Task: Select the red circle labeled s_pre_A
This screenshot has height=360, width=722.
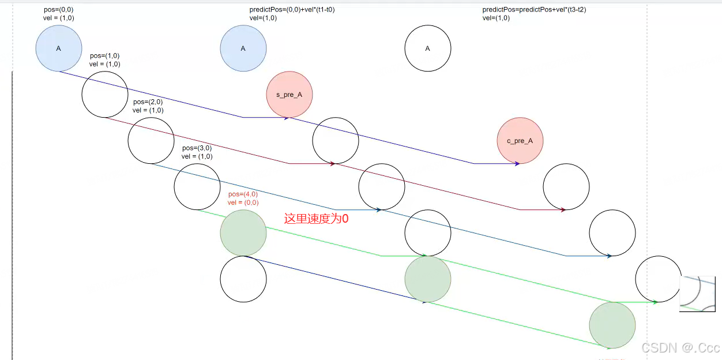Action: coord(289,94)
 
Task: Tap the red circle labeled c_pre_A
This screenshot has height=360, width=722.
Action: coord(520,141)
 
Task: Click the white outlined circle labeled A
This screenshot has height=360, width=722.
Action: coord(428,48)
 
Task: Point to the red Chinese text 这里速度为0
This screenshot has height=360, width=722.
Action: coord(317,219)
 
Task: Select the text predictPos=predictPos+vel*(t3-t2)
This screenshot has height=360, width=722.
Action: coord(534,10)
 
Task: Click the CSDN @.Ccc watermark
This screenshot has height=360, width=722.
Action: coord(680,348)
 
